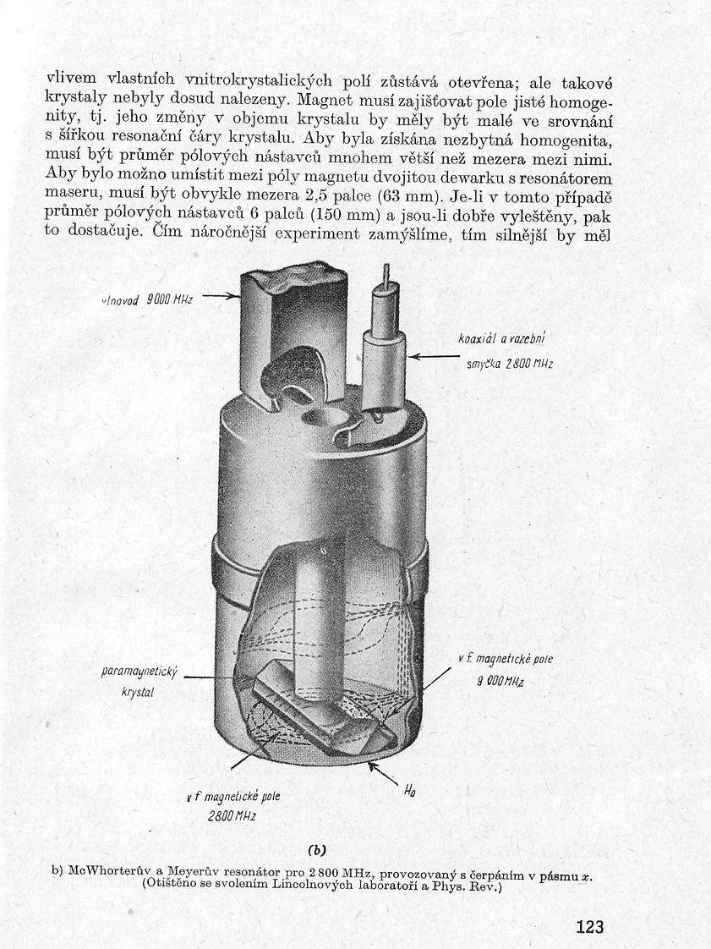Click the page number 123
(x=590, y=926)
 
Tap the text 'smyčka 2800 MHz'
(x=510, y=365)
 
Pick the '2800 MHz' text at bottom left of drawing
(x=233, y=816)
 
